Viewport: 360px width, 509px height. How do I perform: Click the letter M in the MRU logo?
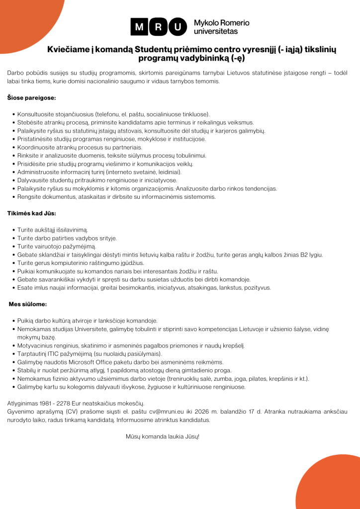pos(140,27)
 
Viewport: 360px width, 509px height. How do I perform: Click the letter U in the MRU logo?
pos(176,27)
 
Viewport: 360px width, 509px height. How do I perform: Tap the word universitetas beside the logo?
pos(216,31)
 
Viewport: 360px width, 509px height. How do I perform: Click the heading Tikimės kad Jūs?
pos(31,213)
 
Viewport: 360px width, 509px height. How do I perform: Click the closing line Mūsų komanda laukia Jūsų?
pos(162,436)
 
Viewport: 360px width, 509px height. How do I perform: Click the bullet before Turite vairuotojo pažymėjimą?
pos(13,247)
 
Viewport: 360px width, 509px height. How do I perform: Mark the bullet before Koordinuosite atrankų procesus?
pos(13,148)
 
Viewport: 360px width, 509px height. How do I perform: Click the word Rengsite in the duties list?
pos(29,196)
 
